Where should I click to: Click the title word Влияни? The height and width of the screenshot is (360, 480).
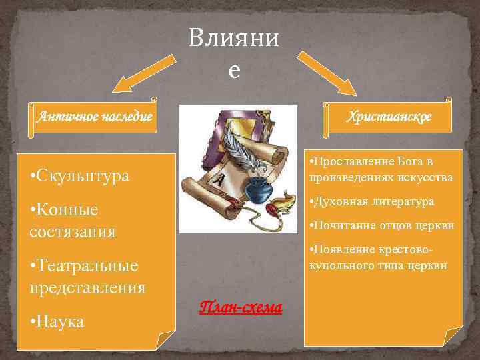233,39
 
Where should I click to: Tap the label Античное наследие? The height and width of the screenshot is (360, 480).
95,117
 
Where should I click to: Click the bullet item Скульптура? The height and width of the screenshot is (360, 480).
79,176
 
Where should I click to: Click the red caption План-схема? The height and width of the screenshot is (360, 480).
241,307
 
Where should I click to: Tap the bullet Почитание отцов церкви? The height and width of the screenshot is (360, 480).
380,225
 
